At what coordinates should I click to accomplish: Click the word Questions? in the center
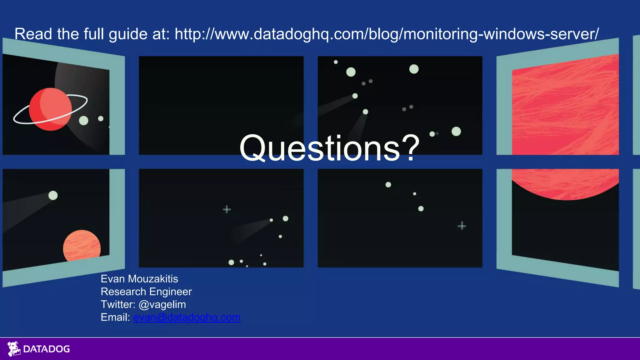(329, 148)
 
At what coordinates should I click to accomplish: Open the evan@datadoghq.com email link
(187, 317)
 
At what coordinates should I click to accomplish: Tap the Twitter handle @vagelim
(162, 305)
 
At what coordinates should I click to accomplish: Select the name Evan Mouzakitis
(139, 279)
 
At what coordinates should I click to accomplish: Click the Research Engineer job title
(146, 292)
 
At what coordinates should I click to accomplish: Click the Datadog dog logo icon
(14, 349)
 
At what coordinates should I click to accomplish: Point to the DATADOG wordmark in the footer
(47, 349)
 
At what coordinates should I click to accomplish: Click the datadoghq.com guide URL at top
(387, 34)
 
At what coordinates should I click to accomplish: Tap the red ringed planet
(50, 109)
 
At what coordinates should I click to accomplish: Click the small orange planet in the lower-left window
(82, 246)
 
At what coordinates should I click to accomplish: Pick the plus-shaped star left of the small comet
(227, 209)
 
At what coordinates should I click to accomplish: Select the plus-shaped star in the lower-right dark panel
(462, 226)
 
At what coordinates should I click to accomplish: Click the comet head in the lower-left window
(53, 195)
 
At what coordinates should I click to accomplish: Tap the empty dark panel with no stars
(221, 94)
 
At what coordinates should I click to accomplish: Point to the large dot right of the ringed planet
(83, 121)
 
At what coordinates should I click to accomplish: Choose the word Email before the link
(114, 317)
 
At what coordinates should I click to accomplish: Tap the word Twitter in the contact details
(117, 305)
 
